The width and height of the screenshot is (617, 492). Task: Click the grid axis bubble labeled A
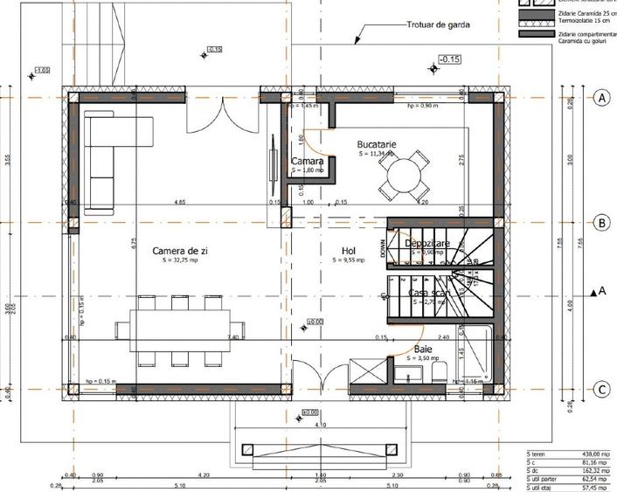pos(600,99)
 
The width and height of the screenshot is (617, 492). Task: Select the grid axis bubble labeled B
pos(600,223)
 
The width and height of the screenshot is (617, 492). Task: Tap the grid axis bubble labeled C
pos(600,389)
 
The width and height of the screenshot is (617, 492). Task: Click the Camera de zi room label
pos(179,251)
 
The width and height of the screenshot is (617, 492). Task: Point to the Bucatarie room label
pos(377,144)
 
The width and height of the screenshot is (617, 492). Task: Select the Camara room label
pos(308,162)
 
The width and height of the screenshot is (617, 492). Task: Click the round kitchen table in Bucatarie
pos(402,176)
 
